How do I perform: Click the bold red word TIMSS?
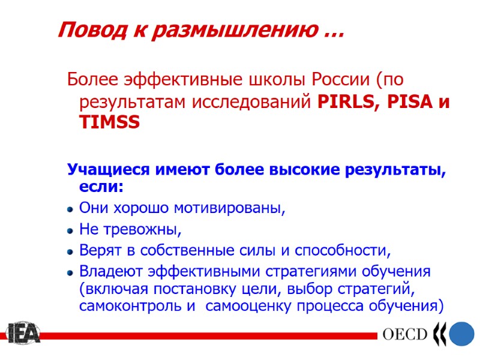point(109,122)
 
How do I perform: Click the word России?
point(338,79)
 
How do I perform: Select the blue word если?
point(101,188)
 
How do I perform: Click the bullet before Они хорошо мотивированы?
point(70,209)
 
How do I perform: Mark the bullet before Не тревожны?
point(70,230)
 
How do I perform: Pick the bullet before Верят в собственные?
point(70,250)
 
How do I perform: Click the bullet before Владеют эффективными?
point(70,271)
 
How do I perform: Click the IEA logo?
point(23,334)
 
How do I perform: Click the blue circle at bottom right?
point(462,334)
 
